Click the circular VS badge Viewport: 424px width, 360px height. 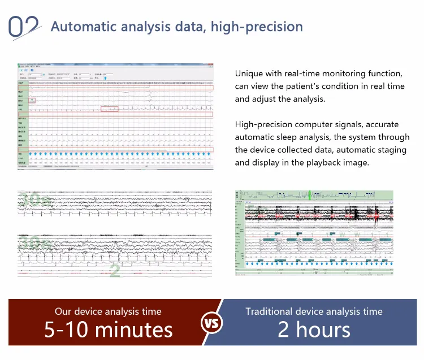[x=211, y=324]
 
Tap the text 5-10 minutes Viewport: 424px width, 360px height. [x=108, y=329]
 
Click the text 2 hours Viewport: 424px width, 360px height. [x=314, y=329]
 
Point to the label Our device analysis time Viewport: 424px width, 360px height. [x=108, y=311]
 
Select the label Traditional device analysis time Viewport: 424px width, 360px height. [x=314, y=311]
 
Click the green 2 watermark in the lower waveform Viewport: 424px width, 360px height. [x=115, y=271]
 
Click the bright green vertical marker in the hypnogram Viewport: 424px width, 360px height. [x=310, y=196]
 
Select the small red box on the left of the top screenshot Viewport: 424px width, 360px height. [x=32, y=100]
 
